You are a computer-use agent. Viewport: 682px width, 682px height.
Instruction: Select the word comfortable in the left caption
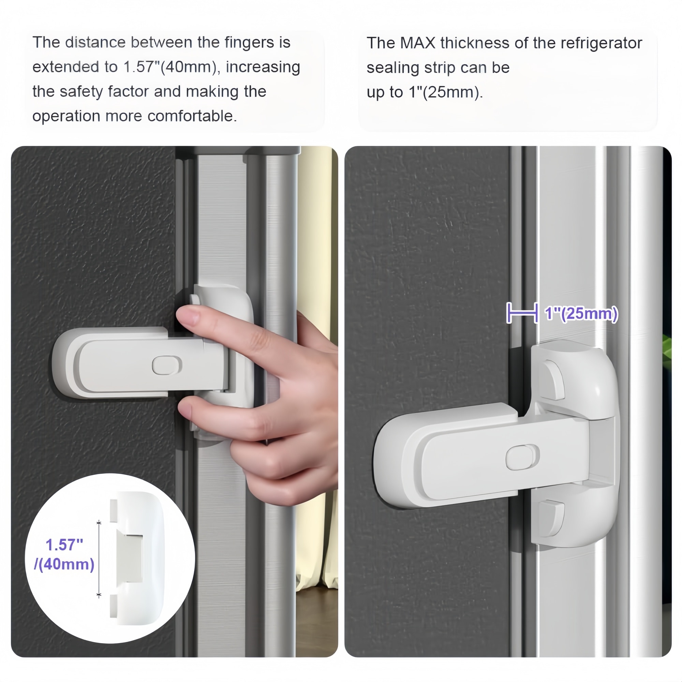tap(192, 116)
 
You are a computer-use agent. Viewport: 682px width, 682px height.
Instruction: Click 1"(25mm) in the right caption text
tap(446, 92)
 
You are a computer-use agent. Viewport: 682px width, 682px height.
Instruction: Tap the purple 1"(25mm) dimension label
tap(581, 313)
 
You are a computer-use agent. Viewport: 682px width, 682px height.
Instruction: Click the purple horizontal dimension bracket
tap(522, 313)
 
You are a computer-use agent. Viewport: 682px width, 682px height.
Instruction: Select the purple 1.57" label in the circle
tap(64, 545)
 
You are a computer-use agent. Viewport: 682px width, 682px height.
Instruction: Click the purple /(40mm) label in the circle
tap(64, 564)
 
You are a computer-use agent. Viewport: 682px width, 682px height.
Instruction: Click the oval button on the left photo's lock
tap(167, 365)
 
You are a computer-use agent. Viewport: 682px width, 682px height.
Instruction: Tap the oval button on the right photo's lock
tap(523, 457)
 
